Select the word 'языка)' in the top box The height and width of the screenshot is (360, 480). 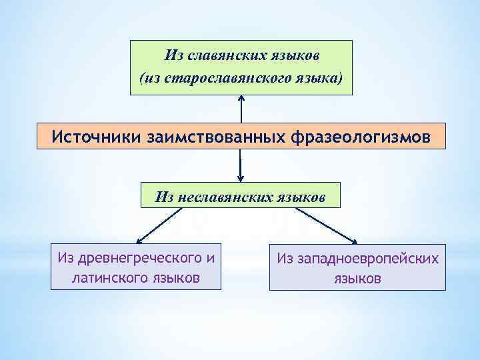point(320,78)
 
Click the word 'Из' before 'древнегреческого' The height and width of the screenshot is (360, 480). point(65,257)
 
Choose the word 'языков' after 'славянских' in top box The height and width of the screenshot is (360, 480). point(292,53)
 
